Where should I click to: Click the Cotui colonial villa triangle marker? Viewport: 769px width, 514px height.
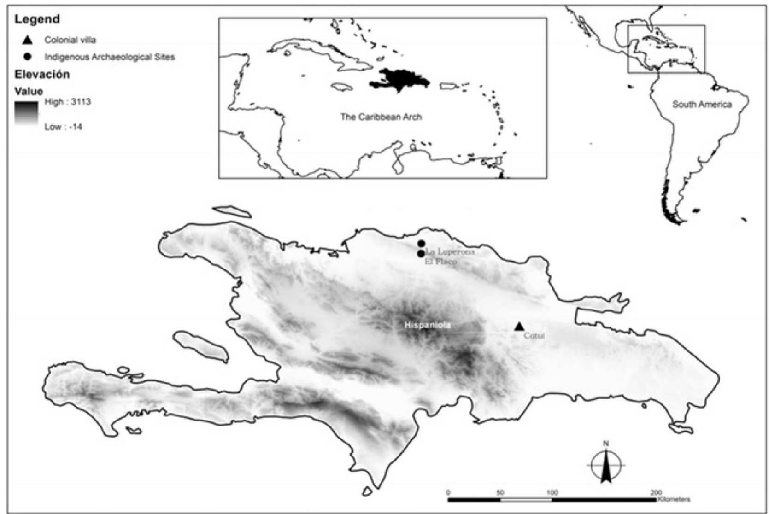coord(519,327)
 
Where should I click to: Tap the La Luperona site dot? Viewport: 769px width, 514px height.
coord(421,244)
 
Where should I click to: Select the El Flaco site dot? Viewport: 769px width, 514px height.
coord(421,254)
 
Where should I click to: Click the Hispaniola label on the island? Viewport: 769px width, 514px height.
coord(428,325)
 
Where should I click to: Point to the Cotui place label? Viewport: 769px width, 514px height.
coord(534,336)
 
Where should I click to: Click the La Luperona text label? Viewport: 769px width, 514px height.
coord(450,251)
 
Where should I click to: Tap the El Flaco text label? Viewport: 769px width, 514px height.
coord(441,262)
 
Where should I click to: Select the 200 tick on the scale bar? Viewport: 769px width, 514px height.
coord(656,493)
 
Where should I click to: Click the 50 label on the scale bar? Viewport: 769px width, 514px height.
coord(500,493)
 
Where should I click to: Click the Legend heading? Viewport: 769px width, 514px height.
coord(37,19)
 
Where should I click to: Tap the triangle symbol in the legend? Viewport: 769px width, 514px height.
coord(28,40)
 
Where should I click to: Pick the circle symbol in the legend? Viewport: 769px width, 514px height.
coord(28,57)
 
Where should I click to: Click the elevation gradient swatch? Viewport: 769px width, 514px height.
coord(26,113)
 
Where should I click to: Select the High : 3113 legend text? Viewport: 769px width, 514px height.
coord(68,102)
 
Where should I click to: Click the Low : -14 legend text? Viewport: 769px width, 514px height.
coord(64,127)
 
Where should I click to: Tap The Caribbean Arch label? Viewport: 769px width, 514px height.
coord(381,117)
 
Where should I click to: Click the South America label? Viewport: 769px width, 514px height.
coord(702,105)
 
